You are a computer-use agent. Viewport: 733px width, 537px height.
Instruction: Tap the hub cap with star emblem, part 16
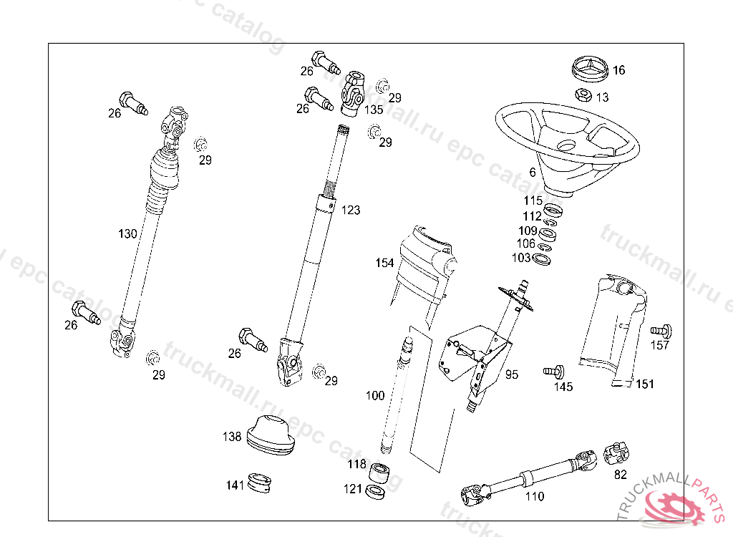[591, 69]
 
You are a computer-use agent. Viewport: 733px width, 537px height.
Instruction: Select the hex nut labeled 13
[583, 95]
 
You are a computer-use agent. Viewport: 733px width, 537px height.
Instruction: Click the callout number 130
[127, 233]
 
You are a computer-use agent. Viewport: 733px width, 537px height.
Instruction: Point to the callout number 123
[351, 210]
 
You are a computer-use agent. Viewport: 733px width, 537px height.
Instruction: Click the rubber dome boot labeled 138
[270, 435]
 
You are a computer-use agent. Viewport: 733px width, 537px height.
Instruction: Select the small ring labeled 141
[259, 483]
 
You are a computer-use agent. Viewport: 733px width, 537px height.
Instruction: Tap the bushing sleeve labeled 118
[379, 473]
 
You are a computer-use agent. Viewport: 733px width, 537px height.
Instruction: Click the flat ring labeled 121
[375, 492]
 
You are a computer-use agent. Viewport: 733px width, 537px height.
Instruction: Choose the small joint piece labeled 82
[617, 453]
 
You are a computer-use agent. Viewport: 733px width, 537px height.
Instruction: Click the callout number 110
[534, 496]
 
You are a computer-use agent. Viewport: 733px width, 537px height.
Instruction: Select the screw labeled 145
[555, 372]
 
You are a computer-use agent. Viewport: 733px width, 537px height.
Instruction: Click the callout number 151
[645, 384]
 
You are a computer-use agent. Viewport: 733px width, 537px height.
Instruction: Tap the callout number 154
[384, 263]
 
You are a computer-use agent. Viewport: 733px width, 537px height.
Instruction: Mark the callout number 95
[511, 374]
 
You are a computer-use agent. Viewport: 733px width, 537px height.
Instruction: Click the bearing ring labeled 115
[553, 210]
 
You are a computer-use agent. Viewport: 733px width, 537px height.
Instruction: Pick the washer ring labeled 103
[541, 259]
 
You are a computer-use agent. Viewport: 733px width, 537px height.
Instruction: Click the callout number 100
[375, 396]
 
